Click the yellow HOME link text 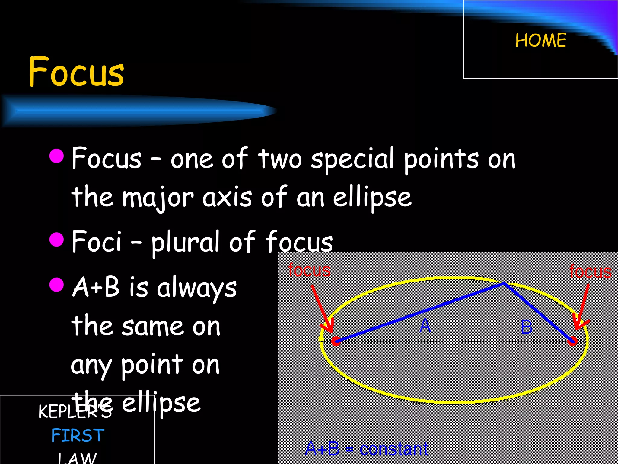(x=540, y=40)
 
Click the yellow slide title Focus (x=76, y=72)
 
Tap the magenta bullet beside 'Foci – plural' (x=56, y=240)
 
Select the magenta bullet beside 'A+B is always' (x=56, y=285)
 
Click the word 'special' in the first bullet (x=352, y=159)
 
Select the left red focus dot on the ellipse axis (x=336, y=341)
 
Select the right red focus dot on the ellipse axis (x=572, y=341)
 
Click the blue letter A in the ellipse (x=425, y=326)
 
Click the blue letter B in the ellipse (x=527, y=327)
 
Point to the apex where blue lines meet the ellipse (x=503, y=283)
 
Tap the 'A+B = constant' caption (x=366, y=449)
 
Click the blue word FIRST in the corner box (x=78, y=435)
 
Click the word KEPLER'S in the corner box (x=75, y=411)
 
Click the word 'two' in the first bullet (x=280, y=159)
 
